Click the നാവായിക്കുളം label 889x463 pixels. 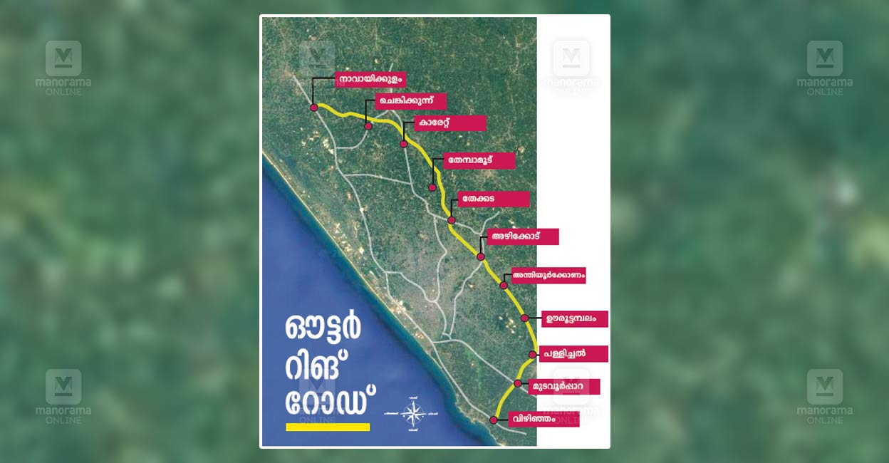click(x=370, y=80)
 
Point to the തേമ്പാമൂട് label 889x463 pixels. click(x=479, y=160)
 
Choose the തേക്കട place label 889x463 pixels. click(x=493, y=199)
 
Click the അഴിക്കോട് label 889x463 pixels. click(x=522, y=236)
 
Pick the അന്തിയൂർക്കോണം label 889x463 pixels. click(x=548, y=275)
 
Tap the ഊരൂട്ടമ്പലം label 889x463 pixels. click(x=574, y=318)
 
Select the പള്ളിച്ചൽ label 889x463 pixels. click(x=573, y=353)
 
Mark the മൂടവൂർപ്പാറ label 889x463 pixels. click(x=564, y=387)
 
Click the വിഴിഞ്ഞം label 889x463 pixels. click(x=544, y=419)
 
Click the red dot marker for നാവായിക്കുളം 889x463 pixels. click(x=313, y=108)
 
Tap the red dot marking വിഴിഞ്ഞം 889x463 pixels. click(x=493, y=420)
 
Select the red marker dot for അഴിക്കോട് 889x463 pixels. click(x=481, y=256)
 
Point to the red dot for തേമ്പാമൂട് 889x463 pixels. click(x=432, y=188)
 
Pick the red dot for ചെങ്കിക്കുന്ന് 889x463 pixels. click(x=368, y=126)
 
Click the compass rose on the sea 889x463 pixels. click(x=412, y=413)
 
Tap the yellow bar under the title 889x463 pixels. click(x=328, y=427)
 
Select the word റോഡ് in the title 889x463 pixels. click(x=330, y=400)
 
